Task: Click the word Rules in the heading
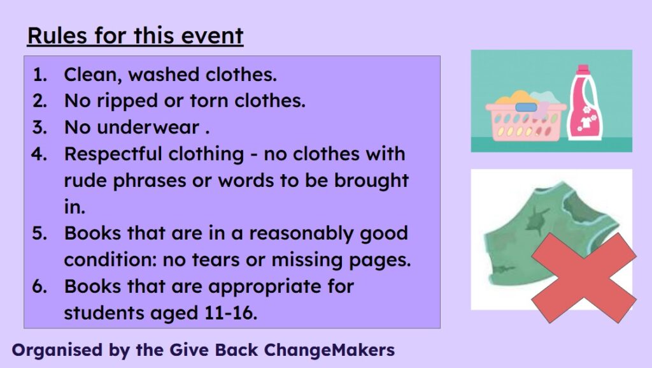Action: coord(57,35)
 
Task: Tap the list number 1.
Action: coord(39,75)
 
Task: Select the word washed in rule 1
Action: coord(164,75)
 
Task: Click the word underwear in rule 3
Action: coord(148,128)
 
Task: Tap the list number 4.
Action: coord(39,154)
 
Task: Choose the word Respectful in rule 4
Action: coord(112,154)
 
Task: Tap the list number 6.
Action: coord(39,286)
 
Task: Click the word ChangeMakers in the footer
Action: coord(329,350)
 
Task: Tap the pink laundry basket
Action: coord(525,118)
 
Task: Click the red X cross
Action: coord(583,278)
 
